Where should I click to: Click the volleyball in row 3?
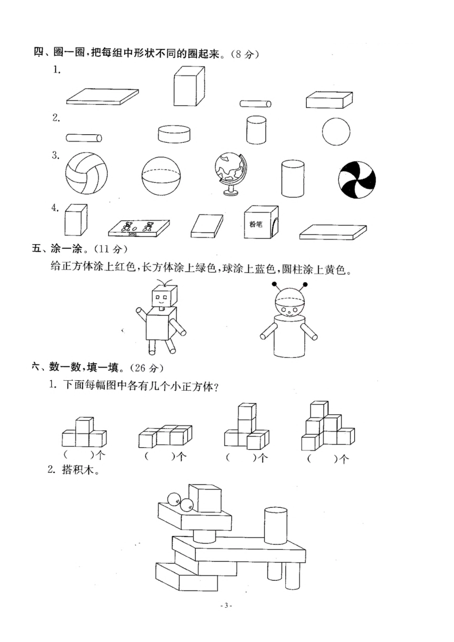pyautogui.click(x=86, y=173)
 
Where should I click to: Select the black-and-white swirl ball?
pyautogui.click(x=357, y=178)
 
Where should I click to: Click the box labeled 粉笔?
pyautogui.click(x=260, y=222)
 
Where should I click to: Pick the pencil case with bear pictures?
pyautogui.click(x=139, y=228)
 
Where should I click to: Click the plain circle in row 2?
pyautogui.click(x=335, y=131)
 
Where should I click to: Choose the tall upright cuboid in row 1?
pyautogui.click(x=189, y=86)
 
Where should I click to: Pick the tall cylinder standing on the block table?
pyautogui.click(x=276, y=525)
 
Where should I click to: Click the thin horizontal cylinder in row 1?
pyautogui.click(x=255, y=104)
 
